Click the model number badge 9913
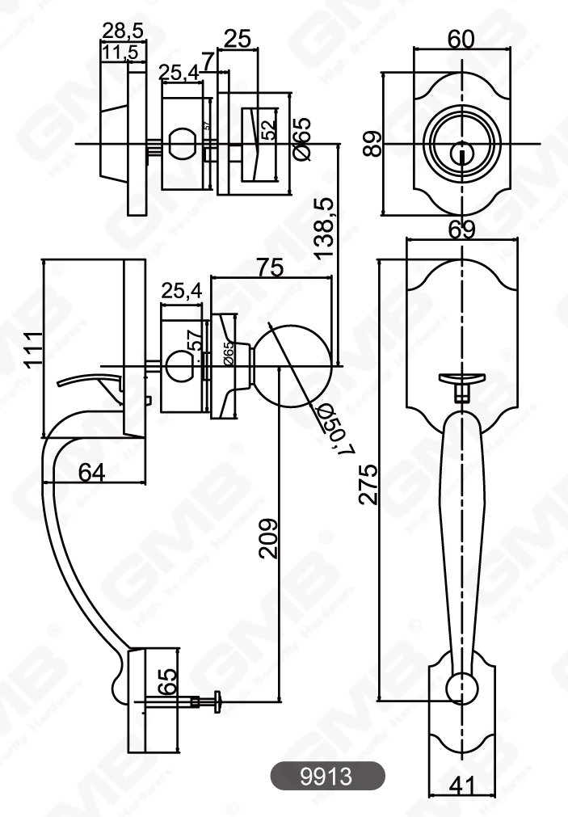pyautogui.click(x=326, y=777)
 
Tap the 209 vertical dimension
pyautogui.click(x=268, y=538)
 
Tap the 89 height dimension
pyautogui.click(x=372, y=145)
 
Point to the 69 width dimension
pyautogui.click(x=461, y=230)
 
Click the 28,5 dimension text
pyautogui.click(x=123, y=31)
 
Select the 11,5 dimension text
pyautogui.click(x=122, y=53)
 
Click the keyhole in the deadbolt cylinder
pyautogui.click(x=461, y=150)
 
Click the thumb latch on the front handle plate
pyautogui.click(x=460, y=378)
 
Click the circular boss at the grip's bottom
pyautogui.click(x=461, y=687)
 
